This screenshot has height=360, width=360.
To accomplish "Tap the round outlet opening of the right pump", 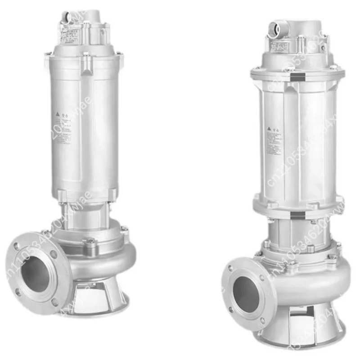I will click(246, 295).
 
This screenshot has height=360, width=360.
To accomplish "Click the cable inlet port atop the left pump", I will click(67, 18).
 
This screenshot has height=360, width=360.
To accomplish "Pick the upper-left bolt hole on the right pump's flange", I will click(231, 268).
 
